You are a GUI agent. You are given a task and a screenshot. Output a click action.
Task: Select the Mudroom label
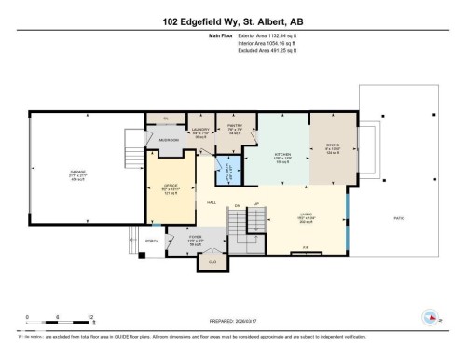[169, 140]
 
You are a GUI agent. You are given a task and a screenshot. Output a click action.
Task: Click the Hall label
[212, 203]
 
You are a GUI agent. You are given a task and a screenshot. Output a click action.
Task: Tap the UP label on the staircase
[256, 203]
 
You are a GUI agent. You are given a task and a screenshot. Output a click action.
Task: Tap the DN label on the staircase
[239, 204]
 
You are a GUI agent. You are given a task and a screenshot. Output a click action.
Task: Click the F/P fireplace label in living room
[305, 246]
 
